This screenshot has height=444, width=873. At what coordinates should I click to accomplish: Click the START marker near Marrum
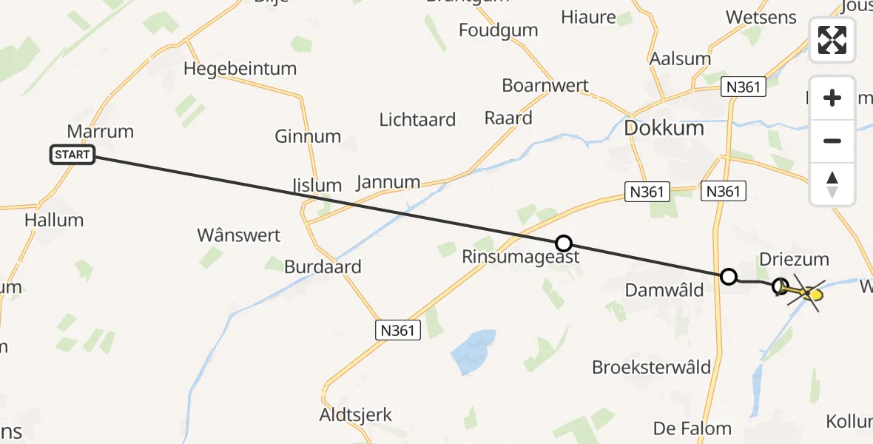(x=73, y=155)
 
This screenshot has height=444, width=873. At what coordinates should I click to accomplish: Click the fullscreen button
(x=832, y=40)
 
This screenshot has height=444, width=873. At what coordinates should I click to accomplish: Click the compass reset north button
(x=832, y=184)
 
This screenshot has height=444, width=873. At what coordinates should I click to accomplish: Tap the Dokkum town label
(x=664, y=127)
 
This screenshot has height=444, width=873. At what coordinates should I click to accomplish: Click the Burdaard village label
(x=323, y=267)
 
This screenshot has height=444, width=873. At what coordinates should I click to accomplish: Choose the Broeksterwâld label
(x=651, y=367)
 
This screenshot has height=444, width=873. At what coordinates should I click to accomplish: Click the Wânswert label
(x=238, y=235)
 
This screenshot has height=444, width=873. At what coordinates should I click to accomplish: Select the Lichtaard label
(x=417, y=119)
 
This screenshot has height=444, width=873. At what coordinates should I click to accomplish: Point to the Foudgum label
(x=498, y=30)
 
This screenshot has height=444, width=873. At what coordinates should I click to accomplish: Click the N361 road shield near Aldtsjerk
(x=397, y=330)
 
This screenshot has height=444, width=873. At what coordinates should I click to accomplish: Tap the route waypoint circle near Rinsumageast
(x=564, y=243)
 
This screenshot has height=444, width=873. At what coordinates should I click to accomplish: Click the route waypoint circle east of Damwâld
(x=729, y=277)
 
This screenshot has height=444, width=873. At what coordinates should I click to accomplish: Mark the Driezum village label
(x=794, y=260)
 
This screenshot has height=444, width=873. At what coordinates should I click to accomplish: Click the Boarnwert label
(x=545, y=85)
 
